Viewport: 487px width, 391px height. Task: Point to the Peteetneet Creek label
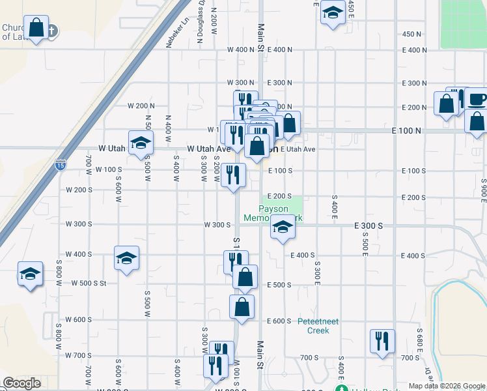[x=313, y=326]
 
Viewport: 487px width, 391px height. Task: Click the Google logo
[x=21, y=383]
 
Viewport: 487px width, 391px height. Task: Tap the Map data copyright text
[x=446, y=386]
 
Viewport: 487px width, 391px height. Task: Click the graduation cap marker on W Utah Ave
[x=141, y=143]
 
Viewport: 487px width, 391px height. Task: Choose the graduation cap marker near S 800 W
[x=30, y=274]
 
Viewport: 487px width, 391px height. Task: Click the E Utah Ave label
[x=298, y=149]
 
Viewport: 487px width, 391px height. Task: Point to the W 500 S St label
[x=85, y=283]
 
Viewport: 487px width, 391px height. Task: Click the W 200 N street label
[x=141, y=106]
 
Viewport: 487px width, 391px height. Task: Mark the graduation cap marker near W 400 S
[x=126, y=257]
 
